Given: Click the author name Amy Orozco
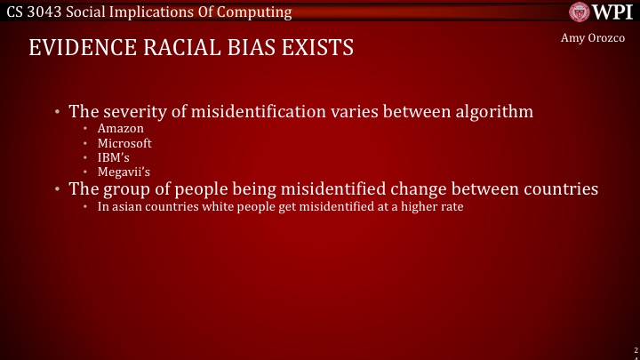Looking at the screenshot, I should (593, 39).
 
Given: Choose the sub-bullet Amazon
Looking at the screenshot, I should (120, 129).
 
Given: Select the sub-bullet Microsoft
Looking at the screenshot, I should (124, 143).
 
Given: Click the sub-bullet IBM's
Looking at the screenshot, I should (113, 157).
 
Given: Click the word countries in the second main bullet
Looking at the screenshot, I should (558, 188).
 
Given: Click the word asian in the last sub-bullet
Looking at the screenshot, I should (127, 206).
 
